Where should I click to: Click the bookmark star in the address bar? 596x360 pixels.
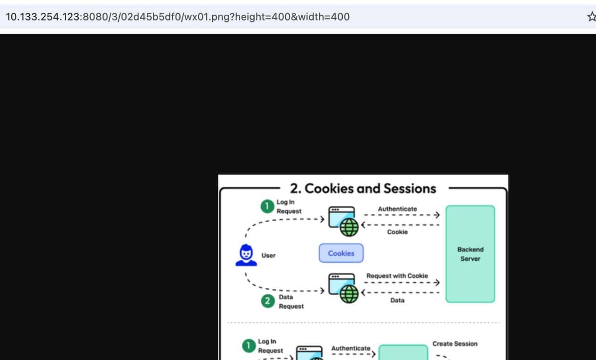pyautogui.click(x=592, y=17)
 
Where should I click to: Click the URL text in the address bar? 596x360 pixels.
pyautogui.click(x=178, y=17)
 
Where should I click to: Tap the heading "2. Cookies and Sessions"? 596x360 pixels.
pyautogui.click(x=363, y=188)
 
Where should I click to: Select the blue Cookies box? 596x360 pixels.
pyautogui.click(x=341, y=253)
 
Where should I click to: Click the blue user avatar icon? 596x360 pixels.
pyautogui.click(x=246, y=255)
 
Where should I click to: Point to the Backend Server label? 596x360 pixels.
pyautogui.click(x=470, y=254)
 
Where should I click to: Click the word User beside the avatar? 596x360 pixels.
pyautogui.click(x=268, y=255)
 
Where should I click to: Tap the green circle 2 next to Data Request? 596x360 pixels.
pyautogui.click(x=268, y=301)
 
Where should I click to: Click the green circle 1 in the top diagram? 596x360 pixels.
pyautogui.click(x=267, y=206)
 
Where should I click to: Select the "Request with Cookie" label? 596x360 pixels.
pyautogui.click(x=397, y=276)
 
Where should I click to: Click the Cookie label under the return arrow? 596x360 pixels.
pyautogui.click(x=397, y=232)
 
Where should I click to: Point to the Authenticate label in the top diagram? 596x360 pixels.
pyautogui.click(x=397, y=209)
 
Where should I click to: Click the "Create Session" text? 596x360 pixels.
pyautogui.click(x=455, y=344)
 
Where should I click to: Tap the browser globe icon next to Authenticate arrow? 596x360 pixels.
pyautogui.click(x=343, y=221)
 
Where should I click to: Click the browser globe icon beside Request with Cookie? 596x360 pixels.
pyautogui.click(x=343, y=288)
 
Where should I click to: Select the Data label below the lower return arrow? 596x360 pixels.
pyautogui.click(x=397, y=300)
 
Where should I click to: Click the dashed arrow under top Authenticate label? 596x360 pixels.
pyautogui.click(x=402, y=215)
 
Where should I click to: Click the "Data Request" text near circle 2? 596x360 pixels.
pyautogui.click(x=291, y=301)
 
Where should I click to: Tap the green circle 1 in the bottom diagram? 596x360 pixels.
pyautogui.click(x=249, y=346)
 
